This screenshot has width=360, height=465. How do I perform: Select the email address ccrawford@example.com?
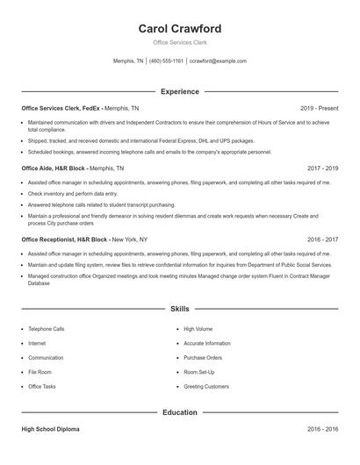218,61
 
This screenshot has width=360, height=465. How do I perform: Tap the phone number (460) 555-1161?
166,61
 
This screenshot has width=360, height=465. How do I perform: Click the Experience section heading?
180,91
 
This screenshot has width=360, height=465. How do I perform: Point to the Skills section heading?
180,309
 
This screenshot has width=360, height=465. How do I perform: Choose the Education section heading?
180,411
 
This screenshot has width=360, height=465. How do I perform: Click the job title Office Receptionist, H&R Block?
65,239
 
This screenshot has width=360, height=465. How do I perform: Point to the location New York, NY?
130,239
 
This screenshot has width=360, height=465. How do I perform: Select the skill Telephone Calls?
47,329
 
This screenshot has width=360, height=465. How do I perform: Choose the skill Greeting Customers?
206,386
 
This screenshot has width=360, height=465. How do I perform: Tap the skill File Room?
40,372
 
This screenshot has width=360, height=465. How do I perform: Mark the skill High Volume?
198,329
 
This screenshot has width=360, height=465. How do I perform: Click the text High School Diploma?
51,429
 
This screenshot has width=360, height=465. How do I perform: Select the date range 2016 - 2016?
322,429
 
